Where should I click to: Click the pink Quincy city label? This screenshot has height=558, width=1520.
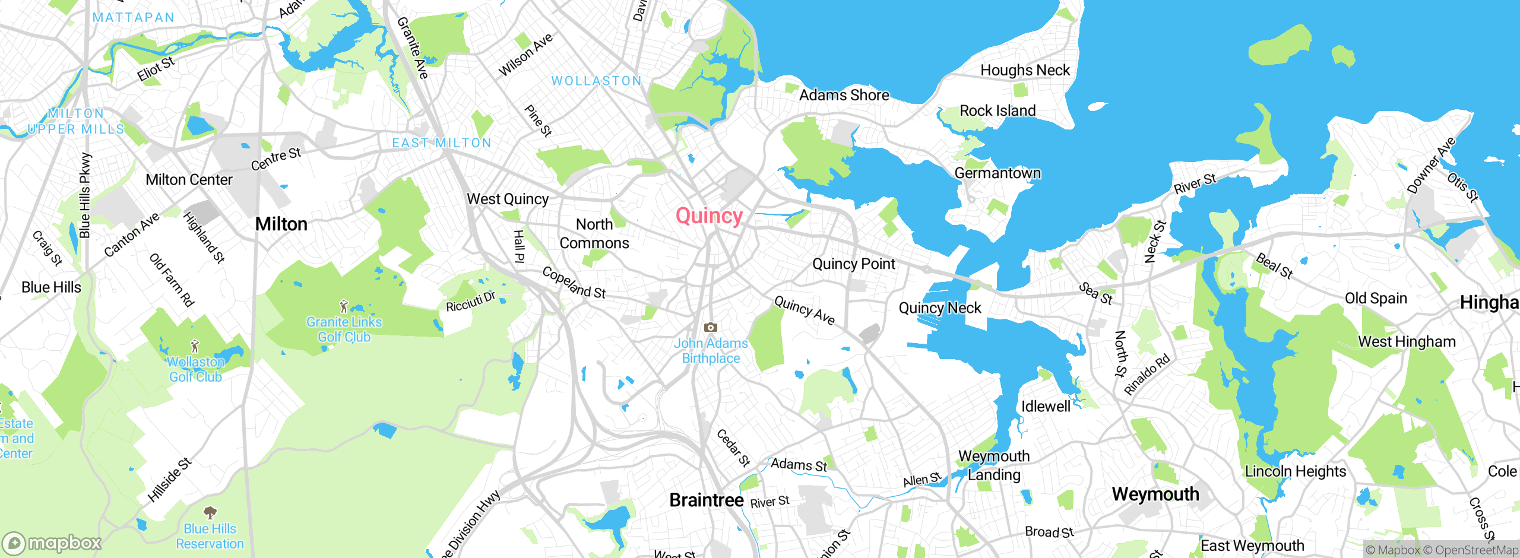click(x=709, y=216)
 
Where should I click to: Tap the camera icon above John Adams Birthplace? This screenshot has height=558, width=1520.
click(x=710, y=327)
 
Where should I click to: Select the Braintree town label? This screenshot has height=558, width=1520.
click(x=706, y=500)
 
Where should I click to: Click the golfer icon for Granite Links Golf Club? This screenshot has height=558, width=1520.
click(x=344, y=307)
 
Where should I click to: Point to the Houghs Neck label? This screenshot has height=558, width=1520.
click(x=1025, y=70)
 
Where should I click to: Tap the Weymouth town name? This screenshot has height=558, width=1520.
click(x=1155, y=494)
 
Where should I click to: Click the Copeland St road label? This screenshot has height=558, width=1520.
click(x=574, y=283)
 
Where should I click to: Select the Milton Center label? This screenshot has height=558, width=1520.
click(x=189, y=180)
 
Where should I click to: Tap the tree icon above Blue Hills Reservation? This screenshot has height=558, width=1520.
click(x=210, y=512)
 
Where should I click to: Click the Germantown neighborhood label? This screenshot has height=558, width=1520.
click(x=997, y=173)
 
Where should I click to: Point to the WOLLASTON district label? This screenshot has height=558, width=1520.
click(x=596, y=81)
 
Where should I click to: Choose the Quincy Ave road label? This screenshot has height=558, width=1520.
click(x=805, y=310)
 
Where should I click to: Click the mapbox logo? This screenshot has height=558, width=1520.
click(x=52, y=543)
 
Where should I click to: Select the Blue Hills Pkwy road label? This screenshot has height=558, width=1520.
click(x=85, y=196)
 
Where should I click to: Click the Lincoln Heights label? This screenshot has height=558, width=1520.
click(x=1295, y=471)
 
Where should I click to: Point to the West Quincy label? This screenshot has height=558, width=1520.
click(x=508, y=199)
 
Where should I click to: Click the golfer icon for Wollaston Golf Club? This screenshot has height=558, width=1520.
click(x=194, y=346)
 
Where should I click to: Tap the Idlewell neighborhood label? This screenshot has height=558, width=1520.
click(x=1046, y=407)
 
